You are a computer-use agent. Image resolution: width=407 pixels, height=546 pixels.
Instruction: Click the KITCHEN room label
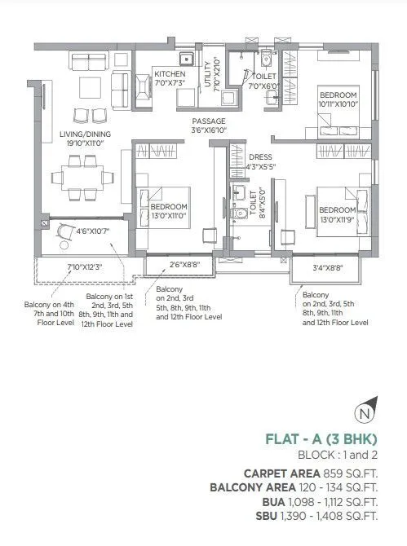[x=169, y=74]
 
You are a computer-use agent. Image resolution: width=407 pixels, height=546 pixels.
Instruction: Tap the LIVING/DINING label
[x=85, y=135]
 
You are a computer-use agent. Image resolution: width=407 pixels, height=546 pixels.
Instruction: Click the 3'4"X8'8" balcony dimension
[x=328, y=267]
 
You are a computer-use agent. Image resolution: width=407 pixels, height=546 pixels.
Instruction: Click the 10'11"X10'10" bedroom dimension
[x=339, y=103]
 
